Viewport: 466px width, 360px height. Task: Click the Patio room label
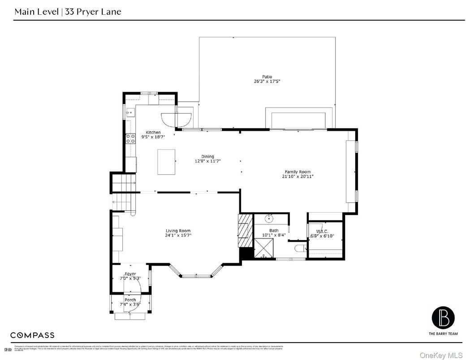(x=267, y=77)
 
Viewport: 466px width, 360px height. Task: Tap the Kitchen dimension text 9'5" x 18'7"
(x=153, y=137)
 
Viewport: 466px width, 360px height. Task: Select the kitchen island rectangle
(x=165, y=162)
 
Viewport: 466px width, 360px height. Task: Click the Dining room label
(x=207, y=156)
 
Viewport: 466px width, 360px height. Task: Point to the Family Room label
(x=298, y=171)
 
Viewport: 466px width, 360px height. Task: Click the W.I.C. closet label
(x=322, y=231)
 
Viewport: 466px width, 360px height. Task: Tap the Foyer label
(x=130, y=274)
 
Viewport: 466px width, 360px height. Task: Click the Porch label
(x=130, y=300)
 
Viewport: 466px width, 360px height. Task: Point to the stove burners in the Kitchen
(x=131, y=138)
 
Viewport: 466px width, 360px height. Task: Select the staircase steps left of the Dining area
(x=123, y=184)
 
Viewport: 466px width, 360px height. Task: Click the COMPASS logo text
(x=32, y=335)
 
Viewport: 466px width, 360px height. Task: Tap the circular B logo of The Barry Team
(x=443, y=317)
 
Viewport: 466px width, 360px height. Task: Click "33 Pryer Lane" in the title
(x=93, y=12)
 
